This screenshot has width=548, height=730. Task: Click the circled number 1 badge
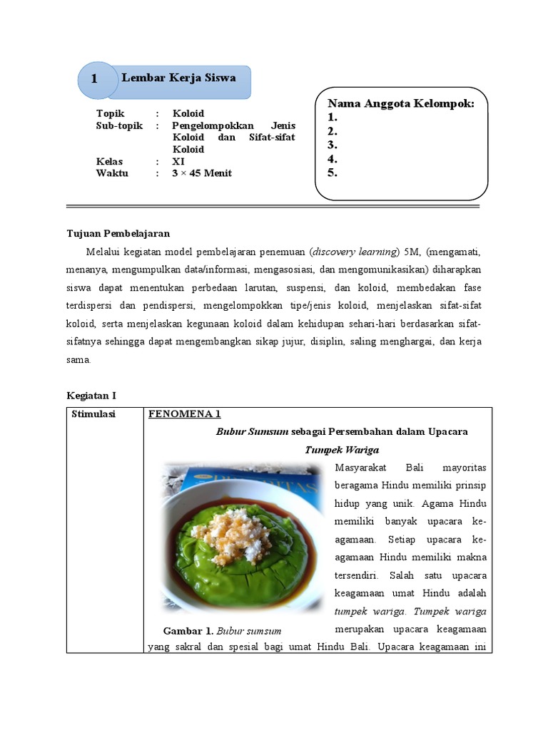pos(95,79)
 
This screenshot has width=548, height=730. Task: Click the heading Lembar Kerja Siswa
pos(178,77)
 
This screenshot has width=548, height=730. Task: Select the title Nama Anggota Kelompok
pos(401,103)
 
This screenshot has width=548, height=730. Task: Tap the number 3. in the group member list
pos(333,145)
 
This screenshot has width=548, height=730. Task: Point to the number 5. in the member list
pos(333,173)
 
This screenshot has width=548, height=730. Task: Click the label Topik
pos(111,113)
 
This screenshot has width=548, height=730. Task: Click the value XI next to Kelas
pos(178,161)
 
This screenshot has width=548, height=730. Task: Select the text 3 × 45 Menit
pos(202,173)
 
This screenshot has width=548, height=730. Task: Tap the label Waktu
pos(112,173)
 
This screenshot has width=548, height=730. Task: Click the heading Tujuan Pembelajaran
pos(118,233)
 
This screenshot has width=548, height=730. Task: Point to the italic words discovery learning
pos(354,252)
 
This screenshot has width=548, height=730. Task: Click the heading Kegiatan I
pos(91,395)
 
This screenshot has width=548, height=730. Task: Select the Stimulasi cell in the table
pos(93,413)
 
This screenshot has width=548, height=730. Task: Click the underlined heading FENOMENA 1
pos(185,413)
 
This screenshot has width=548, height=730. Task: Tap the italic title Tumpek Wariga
pos(342,450)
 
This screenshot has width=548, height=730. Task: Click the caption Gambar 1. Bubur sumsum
pos(222,631)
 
